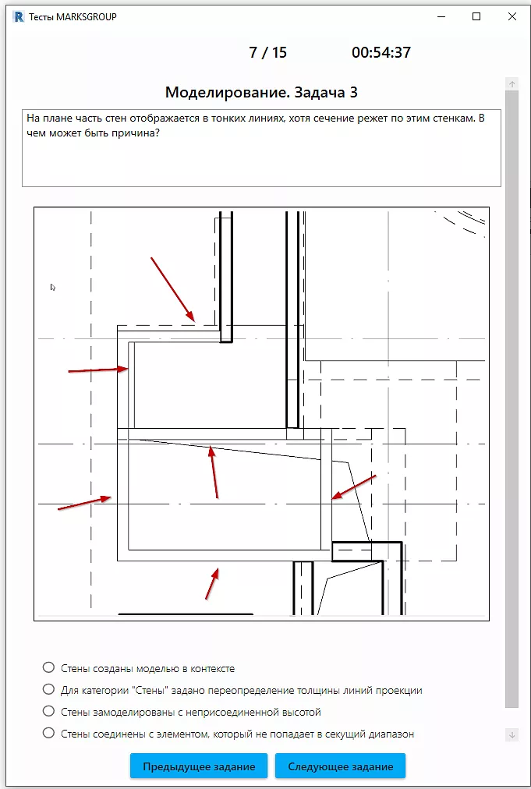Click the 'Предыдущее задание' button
(x=199, y=766)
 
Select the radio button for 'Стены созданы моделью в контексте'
(x=48, y=667)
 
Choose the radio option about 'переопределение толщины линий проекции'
(x=48, y=689)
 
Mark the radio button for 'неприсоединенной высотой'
(x=48, y=712)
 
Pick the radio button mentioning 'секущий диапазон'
(x=48, y=733)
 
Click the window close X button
(x=512, y=16)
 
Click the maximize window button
(x=476, y=16)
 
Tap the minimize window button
(x=441, y=16)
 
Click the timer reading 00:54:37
(x=381, y=52)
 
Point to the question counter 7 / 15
(x=267, y=52)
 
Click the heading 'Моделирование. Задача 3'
(x=261, y=93)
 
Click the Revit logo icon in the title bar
(x=19, y=17)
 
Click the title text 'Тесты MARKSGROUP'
(x=73, y=17)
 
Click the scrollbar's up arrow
(x=512, y=84)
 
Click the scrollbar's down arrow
(x=512, y=734)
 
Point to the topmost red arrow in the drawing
(x=172, y=289)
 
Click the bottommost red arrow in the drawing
(x=212, y=583)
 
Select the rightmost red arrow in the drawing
(x=354, y=486)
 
